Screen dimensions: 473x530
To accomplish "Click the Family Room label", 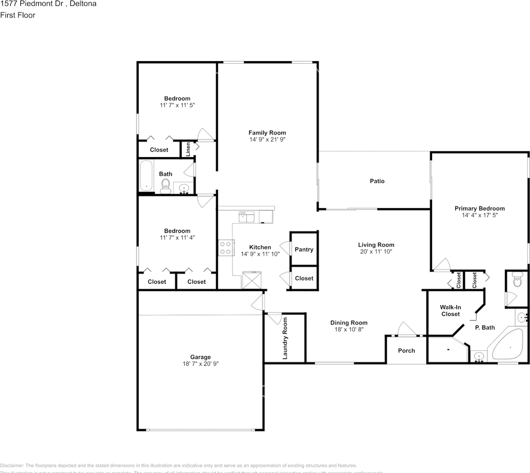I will click(267, 133).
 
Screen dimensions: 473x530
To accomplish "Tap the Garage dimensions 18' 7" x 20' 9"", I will click(200, 364).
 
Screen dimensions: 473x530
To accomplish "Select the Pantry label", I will click(304, 249).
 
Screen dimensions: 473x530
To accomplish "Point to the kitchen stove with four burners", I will click(226, 247).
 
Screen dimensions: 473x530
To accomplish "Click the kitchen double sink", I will click(246, 216).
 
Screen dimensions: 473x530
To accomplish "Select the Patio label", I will click(377, 181).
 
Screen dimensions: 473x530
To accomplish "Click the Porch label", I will click(406, 351).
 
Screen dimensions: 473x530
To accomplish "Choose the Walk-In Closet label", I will click(450, 310).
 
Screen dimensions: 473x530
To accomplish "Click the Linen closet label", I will click(188, 149).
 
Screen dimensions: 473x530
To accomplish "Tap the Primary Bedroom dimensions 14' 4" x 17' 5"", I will click(479, 215).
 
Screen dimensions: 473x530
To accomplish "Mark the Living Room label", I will click(376, 244).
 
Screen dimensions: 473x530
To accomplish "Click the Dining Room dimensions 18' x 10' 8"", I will click(349, 330).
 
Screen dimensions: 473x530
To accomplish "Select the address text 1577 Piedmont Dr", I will click(34, 4).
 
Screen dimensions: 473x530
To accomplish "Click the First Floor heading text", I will click(18, 15).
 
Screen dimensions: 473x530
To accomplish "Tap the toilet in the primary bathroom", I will click(517, 280).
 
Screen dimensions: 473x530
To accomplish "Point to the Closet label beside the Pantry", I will click(304, 278).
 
